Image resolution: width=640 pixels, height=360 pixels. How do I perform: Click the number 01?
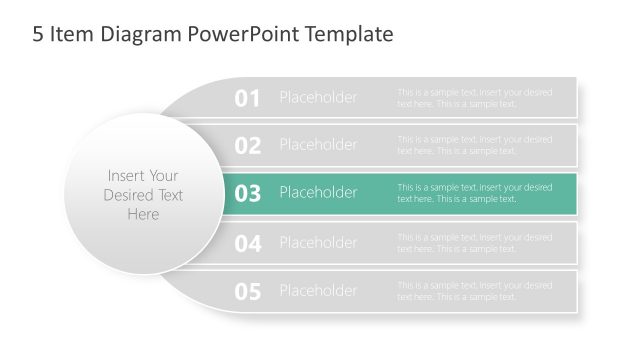coord(247,98)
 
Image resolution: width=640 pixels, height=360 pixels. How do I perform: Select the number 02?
coord(247,146)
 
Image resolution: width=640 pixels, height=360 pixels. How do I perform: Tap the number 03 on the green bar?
coord(247,194)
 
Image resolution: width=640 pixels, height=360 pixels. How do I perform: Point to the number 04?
coord(247,243)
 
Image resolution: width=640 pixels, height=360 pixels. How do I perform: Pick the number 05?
coord(247,292)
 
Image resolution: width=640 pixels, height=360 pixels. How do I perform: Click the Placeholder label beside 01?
coord(318,97)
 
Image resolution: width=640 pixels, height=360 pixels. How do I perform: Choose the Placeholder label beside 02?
coord(318,145)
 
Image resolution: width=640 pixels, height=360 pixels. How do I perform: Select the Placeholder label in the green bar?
coord(318,193)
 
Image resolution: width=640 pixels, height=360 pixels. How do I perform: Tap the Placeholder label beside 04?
coord(318,242)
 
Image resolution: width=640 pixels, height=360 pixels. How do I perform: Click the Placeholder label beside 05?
coord(318,291)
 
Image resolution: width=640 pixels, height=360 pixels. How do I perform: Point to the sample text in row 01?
coord(474,98)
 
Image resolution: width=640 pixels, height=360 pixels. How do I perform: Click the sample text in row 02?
coord(474,146)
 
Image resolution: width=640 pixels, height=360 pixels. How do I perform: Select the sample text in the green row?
coord(474,193)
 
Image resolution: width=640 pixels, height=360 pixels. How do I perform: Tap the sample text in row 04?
coord(474,243)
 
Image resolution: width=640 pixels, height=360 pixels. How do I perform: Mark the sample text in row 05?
coord(474,291)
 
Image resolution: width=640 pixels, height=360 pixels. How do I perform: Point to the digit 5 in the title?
coord(38,35)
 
